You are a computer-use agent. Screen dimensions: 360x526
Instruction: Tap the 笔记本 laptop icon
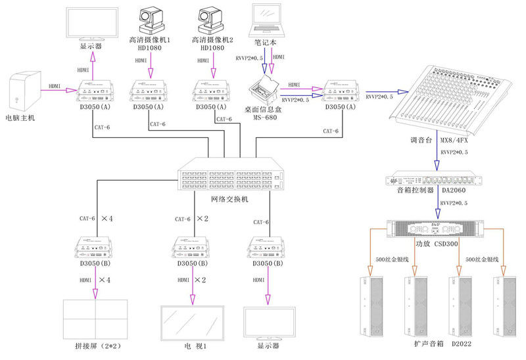tap(270, 20)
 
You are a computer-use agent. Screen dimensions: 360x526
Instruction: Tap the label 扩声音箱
tap(427, 344)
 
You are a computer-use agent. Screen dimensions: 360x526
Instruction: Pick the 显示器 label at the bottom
tap(268, 346)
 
